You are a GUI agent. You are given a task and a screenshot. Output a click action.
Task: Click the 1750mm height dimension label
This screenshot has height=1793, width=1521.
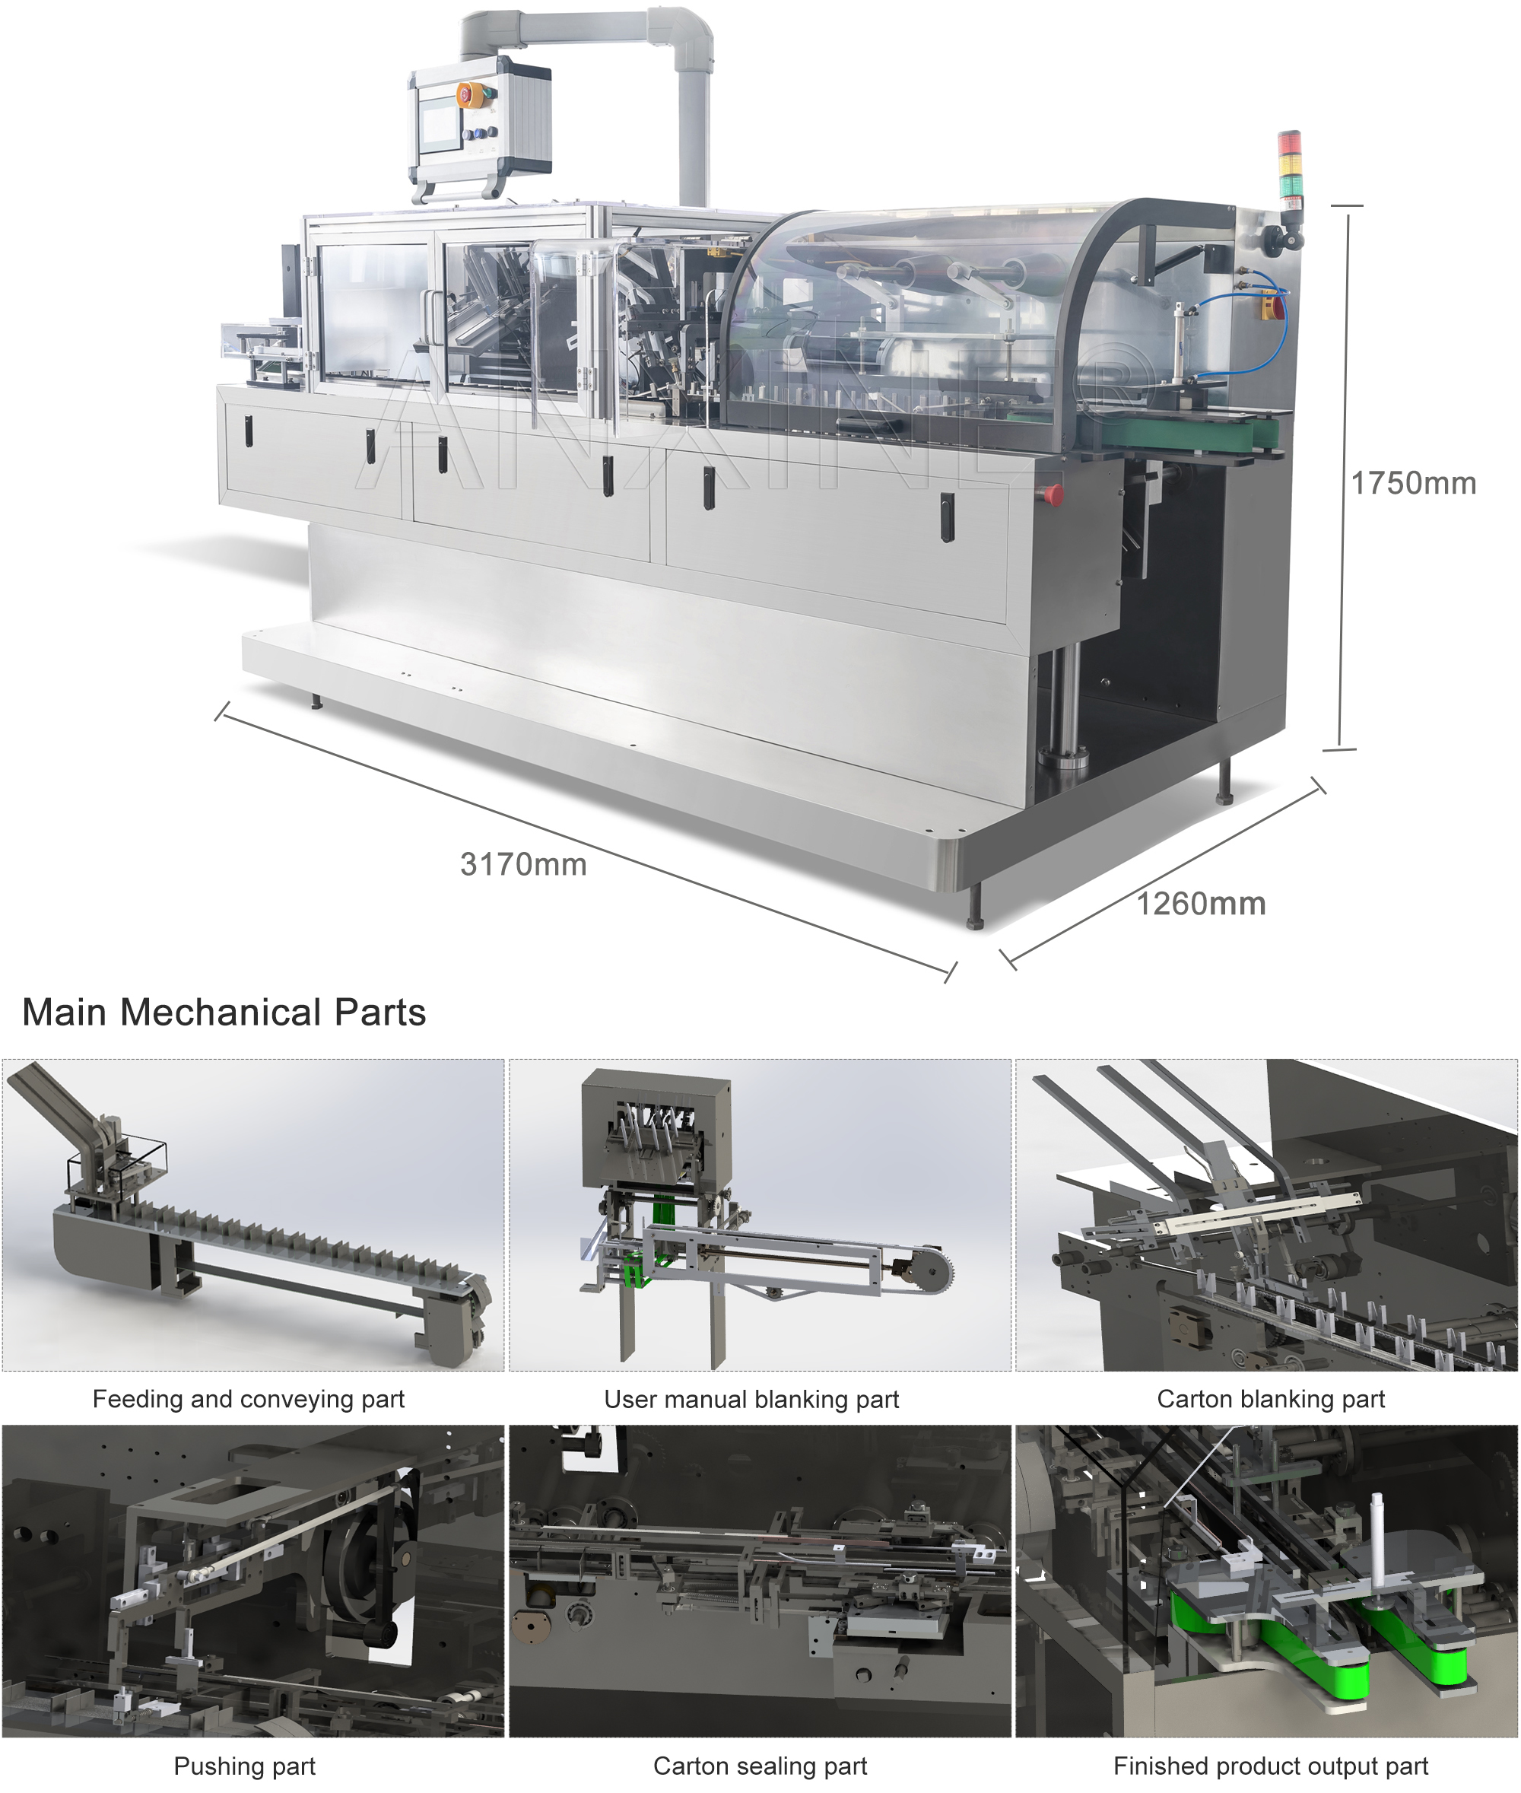coord(1412,484)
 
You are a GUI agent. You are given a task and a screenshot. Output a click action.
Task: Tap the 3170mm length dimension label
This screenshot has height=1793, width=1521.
coord(523,864)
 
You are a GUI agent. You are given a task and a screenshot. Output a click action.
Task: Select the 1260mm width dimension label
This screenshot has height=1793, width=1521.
coord(1200,904)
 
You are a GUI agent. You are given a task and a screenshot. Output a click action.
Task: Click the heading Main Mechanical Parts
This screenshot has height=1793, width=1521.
coord(224,1013)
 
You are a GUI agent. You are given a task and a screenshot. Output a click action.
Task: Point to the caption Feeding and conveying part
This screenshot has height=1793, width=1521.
coord(249,1399)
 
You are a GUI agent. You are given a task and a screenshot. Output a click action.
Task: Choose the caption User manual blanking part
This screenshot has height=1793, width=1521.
coord(751,1399)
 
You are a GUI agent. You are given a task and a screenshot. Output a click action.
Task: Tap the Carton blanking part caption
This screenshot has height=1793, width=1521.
coord(1270,1399)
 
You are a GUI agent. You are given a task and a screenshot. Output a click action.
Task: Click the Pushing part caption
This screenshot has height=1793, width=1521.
coord(245,1766)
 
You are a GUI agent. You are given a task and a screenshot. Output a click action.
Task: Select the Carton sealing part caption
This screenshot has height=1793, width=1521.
coord(760,1766)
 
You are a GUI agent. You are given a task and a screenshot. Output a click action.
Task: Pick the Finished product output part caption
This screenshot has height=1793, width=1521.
coord(1270,1766)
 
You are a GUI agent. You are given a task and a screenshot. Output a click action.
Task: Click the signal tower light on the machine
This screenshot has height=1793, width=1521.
coord(1289,168)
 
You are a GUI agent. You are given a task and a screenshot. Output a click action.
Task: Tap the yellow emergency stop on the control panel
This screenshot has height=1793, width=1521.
coord(465,94)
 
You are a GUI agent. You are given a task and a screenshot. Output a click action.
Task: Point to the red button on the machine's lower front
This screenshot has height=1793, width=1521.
coord(1053,493)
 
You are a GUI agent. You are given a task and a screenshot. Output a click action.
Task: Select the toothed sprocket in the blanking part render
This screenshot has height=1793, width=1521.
coord(936,1270)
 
